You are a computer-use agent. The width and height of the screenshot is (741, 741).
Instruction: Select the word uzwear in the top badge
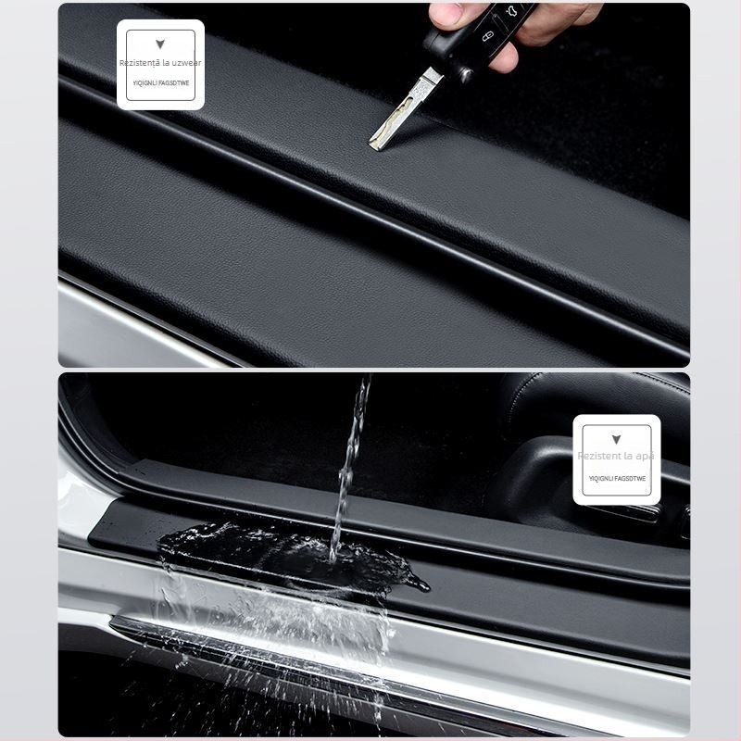(186, 63)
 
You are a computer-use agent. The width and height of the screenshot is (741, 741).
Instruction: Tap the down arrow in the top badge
(160, 44)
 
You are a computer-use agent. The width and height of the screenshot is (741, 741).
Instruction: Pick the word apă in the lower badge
(646, 456)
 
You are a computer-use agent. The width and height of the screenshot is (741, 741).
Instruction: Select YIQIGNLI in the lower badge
(602, 478)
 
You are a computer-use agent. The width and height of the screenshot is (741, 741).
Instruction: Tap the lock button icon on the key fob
(485, 37)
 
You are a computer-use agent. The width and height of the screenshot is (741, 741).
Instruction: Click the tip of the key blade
(373, 143)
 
